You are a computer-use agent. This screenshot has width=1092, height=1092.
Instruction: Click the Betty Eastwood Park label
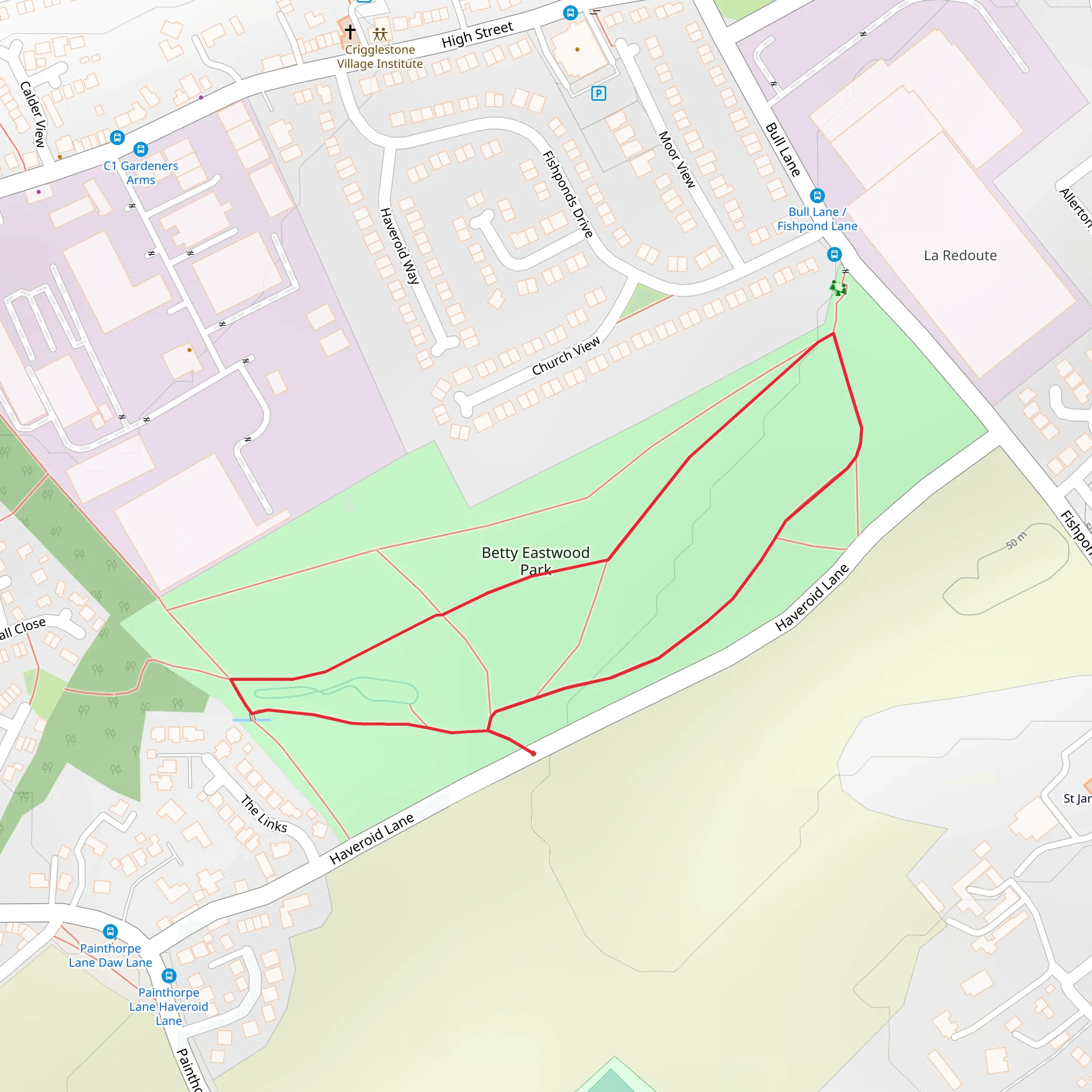(535, 560)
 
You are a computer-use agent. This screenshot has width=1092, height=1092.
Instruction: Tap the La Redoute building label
(960, 255)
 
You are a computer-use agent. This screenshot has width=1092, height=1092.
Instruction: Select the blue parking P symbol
(599, 93)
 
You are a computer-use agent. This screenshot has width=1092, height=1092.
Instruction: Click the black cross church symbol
(350, 31)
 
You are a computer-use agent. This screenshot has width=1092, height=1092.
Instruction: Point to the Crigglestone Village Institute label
(380, 57)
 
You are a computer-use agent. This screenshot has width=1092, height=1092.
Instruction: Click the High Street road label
(477, 35)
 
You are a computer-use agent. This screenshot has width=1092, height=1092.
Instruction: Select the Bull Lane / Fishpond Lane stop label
(817, 219)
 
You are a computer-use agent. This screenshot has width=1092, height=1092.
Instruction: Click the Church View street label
(566, 356)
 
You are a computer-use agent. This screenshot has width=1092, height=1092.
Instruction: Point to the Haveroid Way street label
(399, 246)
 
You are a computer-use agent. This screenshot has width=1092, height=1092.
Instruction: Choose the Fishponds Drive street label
(567, 194)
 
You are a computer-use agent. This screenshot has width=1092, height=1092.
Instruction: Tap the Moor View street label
(677, 159)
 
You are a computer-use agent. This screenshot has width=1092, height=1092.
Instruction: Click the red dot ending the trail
(533, 753)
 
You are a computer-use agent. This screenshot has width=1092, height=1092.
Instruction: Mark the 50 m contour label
(1016, 540)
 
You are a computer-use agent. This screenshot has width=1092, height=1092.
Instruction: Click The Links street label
(264, 814)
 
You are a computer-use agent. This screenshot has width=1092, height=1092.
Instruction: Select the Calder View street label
(33, 114)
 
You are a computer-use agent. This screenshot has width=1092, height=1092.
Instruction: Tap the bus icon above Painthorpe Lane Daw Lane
(110, 931)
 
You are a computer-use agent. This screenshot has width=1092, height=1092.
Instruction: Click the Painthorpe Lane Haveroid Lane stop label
(168, 1006)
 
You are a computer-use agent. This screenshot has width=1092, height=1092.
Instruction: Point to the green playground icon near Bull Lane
(838, 288)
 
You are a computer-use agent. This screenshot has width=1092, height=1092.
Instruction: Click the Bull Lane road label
(782, 150)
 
